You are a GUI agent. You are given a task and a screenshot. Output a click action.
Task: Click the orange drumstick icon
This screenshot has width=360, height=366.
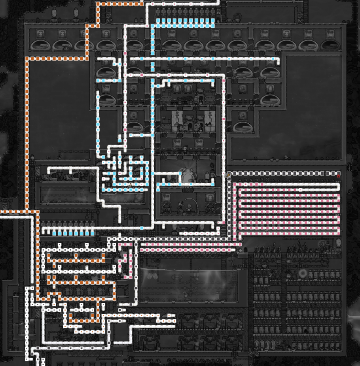pyautogui.click(x=228, y=174)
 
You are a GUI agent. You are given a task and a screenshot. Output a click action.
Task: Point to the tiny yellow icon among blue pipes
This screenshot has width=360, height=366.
pyautogui.click(x=131, y=184)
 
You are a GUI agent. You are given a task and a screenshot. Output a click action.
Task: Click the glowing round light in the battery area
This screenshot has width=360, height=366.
pyautogui.click(x=303, y=274)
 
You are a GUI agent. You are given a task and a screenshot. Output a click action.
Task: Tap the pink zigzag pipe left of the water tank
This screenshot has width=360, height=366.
pyautogui.click(x=125, y=261)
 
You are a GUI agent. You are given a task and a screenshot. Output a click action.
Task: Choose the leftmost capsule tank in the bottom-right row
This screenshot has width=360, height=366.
pyautogui.click(x=258, y=344)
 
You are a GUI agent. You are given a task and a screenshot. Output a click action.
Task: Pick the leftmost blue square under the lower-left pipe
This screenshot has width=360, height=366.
pyautogui.click(x=54, y=234)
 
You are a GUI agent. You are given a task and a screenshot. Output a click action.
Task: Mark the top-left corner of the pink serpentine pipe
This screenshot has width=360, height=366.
pyautogui.click(x=235, y=185)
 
